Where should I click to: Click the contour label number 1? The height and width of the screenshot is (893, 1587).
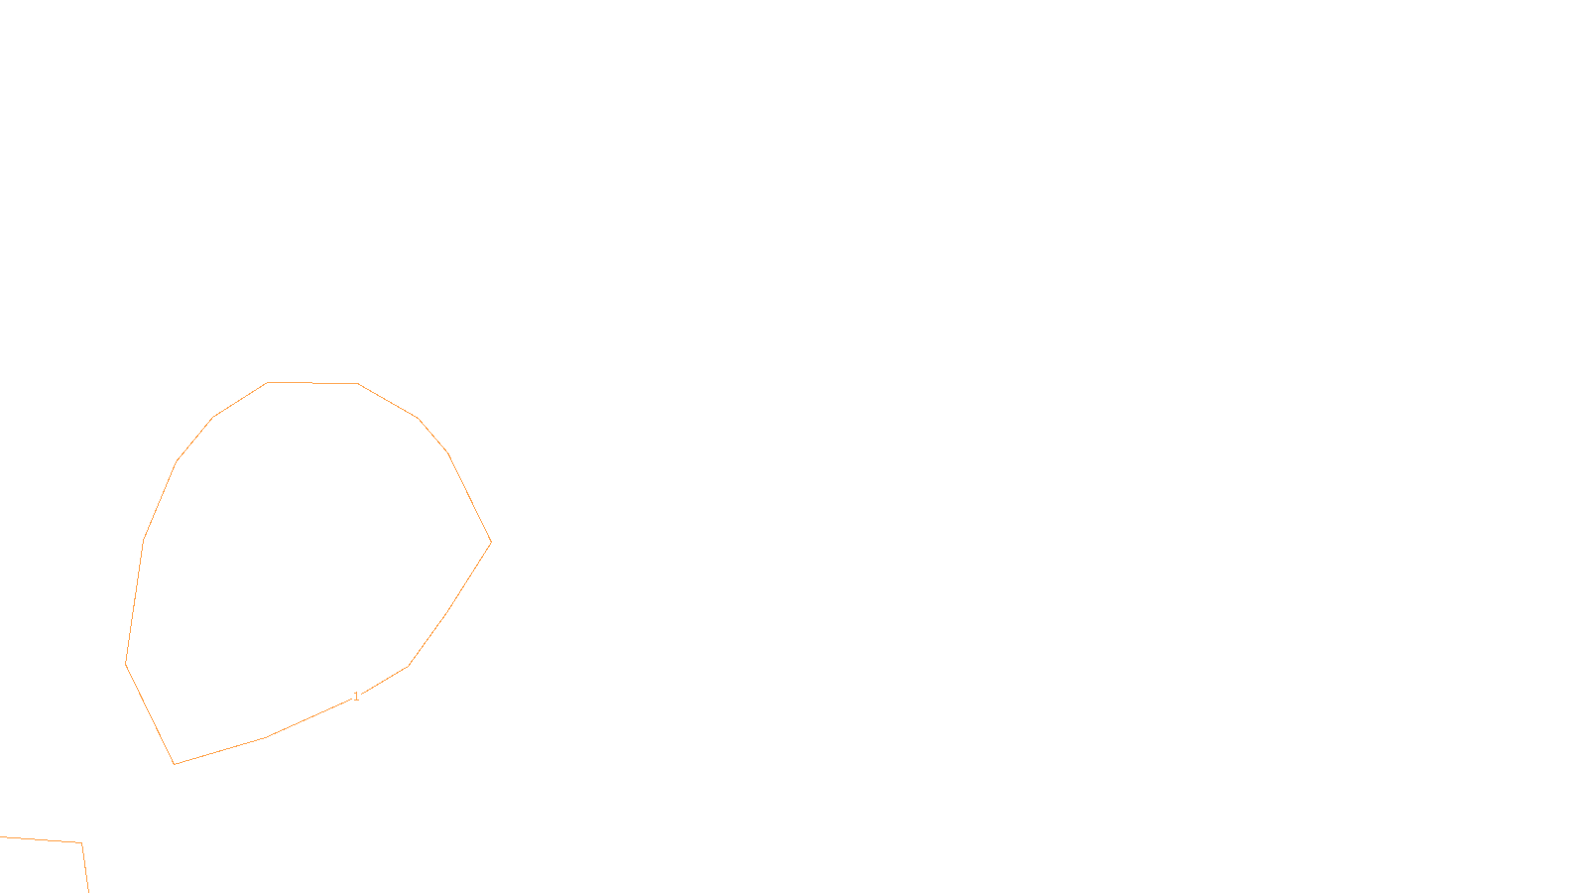pyautogui.click(x=356, y=697)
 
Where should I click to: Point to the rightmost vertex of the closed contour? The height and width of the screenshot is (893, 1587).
pyautogui.click(x=491, y=542)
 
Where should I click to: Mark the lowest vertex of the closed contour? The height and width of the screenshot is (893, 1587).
pyautogui.click(x=175, y=764)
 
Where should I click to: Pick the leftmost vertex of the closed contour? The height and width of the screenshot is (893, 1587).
pyautogui.click(x=126, y=663)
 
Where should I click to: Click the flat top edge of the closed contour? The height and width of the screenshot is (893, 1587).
pyautogui.click(x=312, y=382)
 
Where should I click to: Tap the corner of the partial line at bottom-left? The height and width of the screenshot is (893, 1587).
pyautogui.click(x=81, y=843)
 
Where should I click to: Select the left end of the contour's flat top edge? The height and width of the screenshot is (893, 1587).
pyautogui.click(x=268, y=382)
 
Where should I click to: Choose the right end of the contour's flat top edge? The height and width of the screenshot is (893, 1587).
pyautogui.click(x=357, y=383)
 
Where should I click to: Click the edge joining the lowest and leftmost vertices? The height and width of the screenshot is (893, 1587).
pyautogui.click(x=150, y=713)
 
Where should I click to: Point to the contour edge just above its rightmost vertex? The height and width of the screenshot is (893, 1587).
pyautogui.click(x=470, y=498)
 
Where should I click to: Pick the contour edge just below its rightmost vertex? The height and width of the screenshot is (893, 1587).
pyautogui.click(x=469, y=576)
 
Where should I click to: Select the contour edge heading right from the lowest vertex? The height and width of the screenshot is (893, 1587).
pyautogui.click(x=220, y=751)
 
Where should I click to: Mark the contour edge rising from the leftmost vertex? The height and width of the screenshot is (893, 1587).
pyautogui.click(x=135, y=602)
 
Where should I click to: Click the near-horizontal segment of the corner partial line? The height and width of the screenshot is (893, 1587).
pyautogui.click(x=40, y=840)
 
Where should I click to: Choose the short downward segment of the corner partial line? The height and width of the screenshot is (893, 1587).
pyautogui.click(x=85, y=869)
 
